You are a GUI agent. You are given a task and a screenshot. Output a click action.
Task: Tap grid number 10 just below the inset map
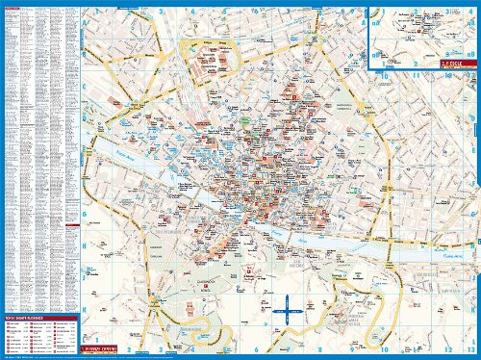pos(383,75)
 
